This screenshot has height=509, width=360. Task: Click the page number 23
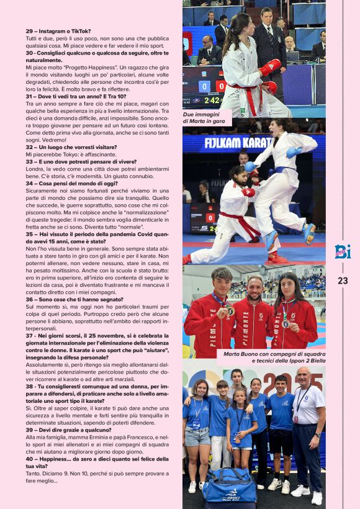click(x=343, y=281)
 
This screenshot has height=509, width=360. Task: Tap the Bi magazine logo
click(x=343, y=251)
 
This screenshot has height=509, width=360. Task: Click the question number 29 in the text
click(x=30, y=31)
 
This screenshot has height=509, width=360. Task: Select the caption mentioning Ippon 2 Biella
click(x=273, y=357)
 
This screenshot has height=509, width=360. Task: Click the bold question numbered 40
click(x=93, y=462)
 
